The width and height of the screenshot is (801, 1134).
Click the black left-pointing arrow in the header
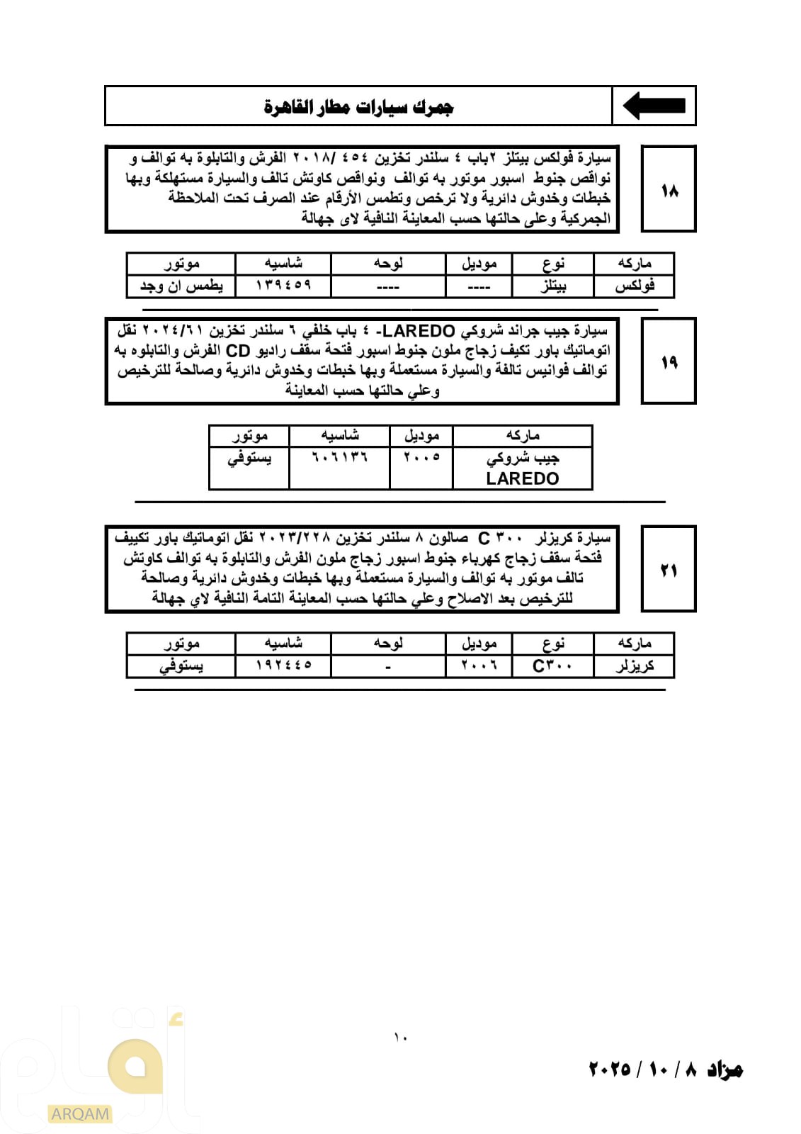pos(654,106)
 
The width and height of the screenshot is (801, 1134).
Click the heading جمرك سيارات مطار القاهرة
pos(358,107)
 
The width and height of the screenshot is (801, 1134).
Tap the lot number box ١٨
pos(669,190)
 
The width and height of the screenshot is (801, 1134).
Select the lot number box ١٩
pos(669,362)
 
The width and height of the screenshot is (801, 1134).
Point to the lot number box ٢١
pos(669,569)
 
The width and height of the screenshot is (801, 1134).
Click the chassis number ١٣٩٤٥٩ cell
pos(283,286)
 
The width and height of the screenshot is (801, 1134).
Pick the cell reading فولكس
pos(634,286)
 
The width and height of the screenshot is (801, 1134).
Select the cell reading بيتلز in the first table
pos(552,286)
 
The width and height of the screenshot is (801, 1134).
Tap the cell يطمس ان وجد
pos(181,286)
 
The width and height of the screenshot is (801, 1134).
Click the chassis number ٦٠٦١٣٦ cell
pos(340,457)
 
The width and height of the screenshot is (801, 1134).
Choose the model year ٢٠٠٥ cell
pos(421,457)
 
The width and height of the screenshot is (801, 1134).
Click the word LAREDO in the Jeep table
pos(523,478)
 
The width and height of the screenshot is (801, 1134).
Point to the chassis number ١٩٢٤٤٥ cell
pos(283,666)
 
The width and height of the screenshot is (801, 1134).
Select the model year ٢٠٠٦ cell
pos(479,666)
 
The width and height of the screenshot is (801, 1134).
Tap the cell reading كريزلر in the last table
pos(634,666)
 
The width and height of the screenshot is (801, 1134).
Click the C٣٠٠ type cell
pos(552,666)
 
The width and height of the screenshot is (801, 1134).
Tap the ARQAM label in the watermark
pos(80,1114)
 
